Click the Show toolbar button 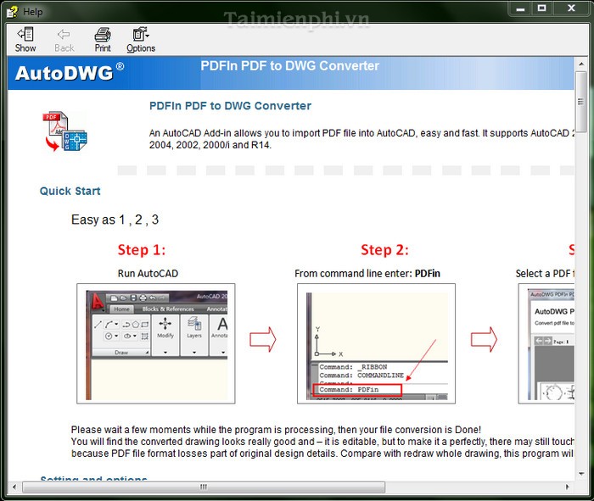(x=25, y=40)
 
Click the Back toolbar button (x=64, y=40)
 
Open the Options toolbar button (x=141, y=40)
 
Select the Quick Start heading (x=70, y=192)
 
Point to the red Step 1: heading (x=141, y=249)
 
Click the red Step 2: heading (x=384, y=249)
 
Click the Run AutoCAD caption (x=148, y=273)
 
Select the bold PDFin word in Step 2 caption (x=427, y=273)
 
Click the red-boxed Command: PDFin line (x=356, y=390)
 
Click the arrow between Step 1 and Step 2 (x=263, y=340)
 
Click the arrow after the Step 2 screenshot (x=484, y=340)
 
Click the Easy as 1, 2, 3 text (x=115, y=220)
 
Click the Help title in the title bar (x=33, y=12)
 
